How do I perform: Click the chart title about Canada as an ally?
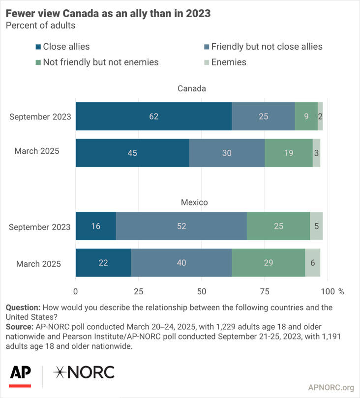click(x=108, y=13)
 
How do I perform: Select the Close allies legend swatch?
click(x=38, y=47)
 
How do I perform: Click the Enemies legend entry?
click(x=229, y=62)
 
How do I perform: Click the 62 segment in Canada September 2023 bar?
click(x=153, y=116)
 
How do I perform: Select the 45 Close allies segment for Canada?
click(x=132, y=153)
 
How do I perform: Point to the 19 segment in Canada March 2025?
click(x=288, y=153)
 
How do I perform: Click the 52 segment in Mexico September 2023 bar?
click(x=181, y=227)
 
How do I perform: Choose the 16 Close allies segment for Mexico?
click(x=96, y=227)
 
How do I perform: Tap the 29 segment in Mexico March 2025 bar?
click(x=269, y=263)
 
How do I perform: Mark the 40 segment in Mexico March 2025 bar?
click(x=181, y=263)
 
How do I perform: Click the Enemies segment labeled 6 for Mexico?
click(x=313, y=263)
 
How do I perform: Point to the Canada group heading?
click(x=192, y=89)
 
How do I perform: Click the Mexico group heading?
click(x=194, y=202)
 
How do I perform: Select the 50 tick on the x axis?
click(x=202, y=291)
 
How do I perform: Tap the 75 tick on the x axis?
click(x=265, y=291)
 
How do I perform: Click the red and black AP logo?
click(x=20, y=374)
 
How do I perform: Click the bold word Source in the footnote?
click(x=18, y=326)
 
